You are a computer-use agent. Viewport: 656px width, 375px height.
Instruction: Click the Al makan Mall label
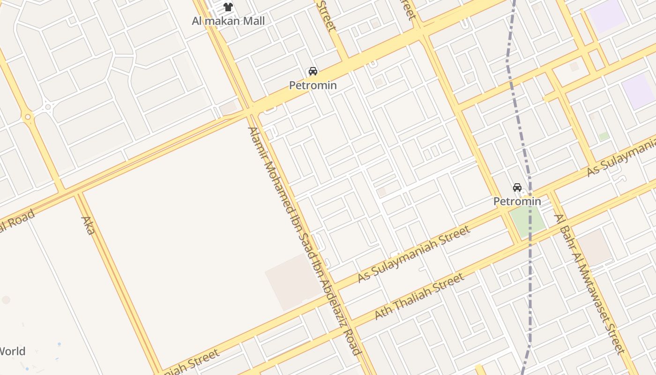228,21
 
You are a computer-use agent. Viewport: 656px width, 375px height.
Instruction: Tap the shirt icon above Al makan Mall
228,7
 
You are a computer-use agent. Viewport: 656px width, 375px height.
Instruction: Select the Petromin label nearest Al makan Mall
313,85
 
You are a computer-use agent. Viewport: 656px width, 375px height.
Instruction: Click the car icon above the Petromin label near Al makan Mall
313,71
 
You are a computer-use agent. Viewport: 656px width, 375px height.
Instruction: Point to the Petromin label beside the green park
517,201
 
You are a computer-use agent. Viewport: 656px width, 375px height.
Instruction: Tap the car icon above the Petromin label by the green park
517,187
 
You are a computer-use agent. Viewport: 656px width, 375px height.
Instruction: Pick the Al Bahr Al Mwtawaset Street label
589,284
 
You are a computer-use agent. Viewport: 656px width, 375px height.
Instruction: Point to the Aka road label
88,225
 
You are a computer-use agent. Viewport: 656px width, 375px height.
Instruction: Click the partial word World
12,351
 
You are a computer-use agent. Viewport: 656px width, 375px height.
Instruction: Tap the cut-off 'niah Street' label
190,362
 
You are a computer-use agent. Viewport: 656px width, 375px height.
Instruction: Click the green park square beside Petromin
527,220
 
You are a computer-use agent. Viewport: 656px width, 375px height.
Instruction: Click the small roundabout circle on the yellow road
28,117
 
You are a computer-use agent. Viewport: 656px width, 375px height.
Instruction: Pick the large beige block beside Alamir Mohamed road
293,283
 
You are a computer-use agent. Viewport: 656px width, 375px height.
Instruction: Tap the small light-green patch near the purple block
604,136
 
